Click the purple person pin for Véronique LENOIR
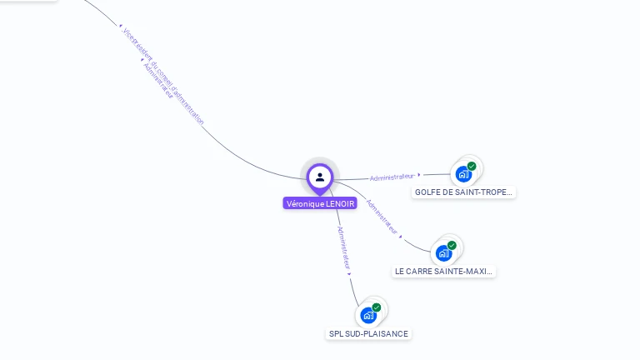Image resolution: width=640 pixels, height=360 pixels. point(320,177)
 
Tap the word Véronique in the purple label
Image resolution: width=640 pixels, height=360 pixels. point(303,203)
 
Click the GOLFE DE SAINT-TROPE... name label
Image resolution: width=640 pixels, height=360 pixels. point(464,192)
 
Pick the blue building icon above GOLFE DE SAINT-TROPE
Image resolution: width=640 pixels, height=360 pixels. point(463,174)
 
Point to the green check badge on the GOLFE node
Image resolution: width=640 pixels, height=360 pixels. point(472,167)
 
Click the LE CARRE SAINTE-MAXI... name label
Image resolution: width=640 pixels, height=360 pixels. point(444,272)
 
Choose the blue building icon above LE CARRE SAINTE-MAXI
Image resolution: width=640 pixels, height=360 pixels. point(443,252)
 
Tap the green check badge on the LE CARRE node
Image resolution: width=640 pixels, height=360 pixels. point(452,245)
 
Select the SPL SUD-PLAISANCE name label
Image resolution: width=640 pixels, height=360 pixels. point(368,334)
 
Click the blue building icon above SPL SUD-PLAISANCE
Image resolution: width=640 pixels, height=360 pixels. point(368,315)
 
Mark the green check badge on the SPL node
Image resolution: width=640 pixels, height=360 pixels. point(377,307)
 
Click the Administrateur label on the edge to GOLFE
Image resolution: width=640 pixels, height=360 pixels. point(392,177)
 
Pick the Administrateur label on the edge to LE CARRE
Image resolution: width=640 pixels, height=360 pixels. point(382,215)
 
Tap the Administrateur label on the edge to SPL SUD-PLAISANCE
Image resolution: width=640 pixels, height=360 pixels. point(342,247)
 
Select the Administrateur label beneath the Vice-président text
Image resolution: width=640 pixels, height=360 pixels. point(157,82)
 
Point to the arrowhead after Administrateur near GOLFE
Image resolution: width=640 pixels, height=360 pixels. point(419,175)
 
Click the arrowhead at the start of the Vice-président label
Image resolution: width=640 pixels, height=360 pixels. point(122,27)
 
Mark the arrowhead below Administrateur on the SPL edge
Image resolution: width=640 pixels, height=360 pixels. point(349,273)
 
